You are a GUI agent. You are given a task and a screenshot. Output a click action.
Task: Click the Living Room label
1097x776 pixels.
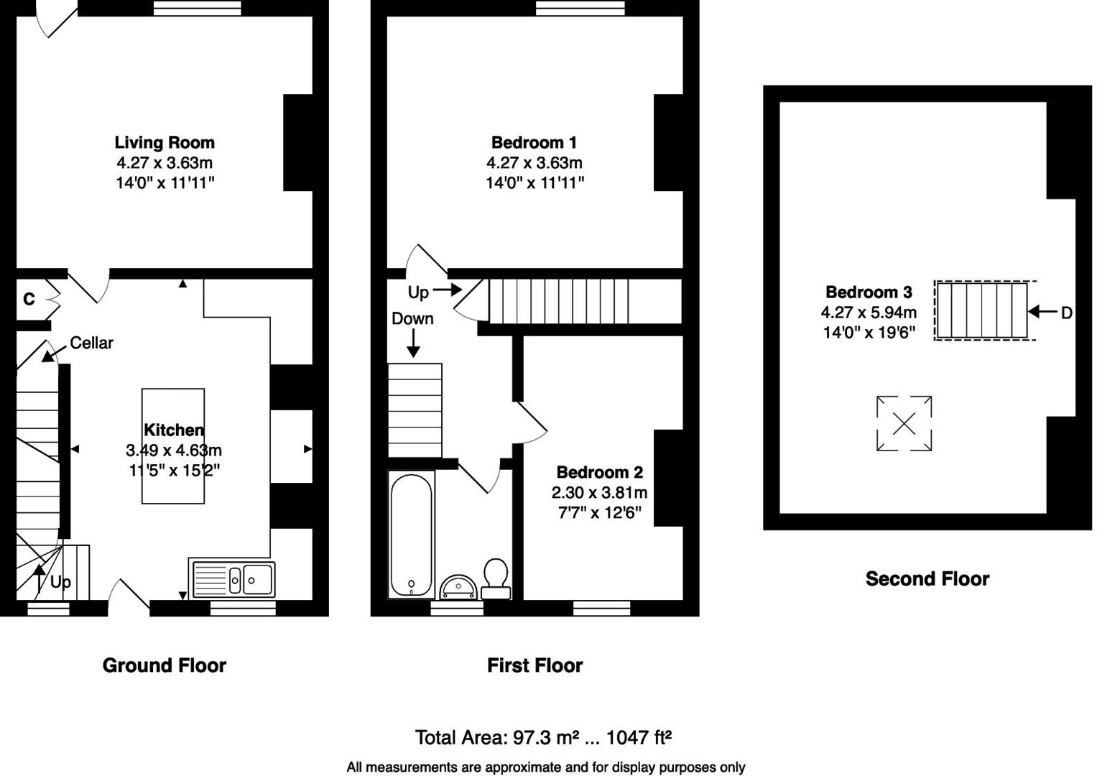165,142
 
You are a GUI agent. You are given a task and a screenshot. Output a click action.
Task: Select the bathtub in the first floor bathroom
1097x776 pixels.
411,535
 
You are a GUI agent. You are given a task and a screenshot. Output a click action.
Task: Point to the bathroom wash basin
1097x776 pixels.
458,587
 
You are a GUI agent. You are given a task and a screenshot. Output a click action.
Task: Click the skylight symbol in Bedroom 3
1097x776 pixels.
904,424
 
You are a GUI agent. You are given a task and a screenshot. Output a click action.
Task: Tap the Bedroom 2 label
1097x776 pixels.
599,472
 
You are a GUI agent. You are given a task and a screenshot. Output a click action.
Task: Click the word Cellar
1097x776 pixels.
91,343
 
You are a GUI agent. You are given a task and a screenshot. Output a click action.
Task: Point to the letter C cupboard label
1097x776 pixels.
29,299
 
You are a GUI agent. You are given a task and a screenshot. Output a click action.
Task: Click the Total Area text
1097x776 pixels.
543,737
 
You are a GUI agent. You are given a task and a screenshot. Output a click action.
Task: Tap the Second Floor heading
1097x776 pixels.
927,578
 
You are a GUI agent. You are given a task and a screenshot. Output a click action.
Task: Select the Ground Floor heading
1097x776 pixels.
165,665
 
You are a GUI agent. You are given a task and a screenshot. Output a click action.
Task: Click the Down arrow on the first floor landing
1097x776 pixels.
413,344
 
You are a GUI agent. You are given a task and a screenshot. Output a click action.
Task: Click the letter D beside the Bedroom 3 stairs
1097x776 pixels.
1066,313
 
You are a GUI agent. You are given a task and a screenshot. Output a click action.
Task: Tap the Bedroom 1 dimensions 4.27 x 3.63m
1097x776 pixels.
534,162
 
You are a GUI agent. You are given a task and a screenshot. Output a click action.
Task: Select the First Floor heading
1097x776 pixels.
534,665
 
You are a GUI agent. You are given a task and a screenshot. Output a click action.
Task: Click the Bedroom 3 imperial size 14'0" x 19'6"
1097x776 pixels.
869,333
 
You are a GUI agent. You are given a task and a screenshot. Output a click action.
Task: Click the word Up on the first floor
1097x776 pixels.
418,292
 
